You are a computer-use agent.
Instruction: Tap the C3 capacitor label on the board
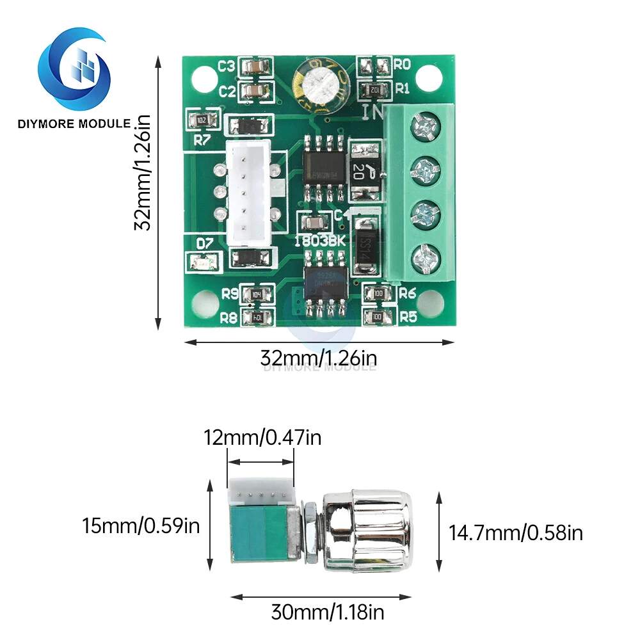coord(227,66)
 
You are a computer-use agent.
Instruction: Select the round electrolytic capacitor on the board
coord(321,82)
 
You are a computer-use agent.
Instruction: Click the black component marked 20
coord(365,168)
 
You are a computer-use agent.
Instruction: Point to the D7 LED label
coord(204,243)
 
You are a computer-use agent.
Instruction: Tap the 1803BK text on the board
coord(320,241)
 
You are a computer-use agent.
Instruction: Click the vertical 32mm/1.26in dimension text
coord(142,173)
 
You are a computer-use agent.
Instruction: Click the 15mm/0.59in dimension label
coord(141,527)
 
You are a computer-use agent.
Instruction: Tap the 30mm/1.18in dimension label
coord(328,612)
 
